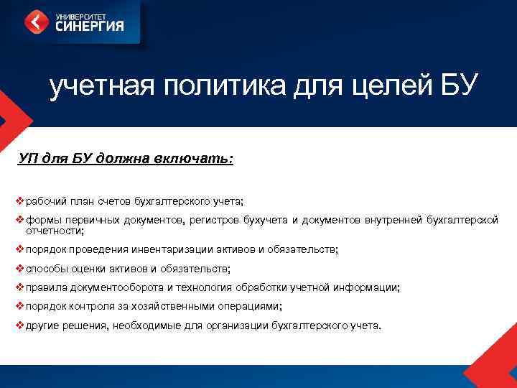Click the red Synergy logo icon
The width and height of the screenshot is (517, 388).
[37, 22]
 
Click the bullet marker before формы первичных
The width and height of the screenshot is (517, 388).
[19, 220]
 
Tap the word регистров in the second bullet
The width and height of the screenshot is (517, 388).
[216, 220]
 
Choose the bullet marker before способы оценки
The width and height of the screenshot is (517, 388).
[19, 269]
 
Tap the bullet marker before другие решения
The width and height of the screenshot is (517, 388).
[19, 325]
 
